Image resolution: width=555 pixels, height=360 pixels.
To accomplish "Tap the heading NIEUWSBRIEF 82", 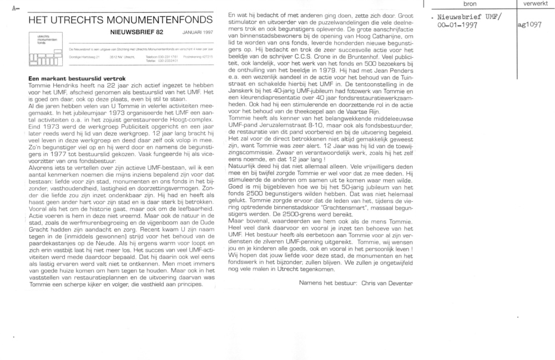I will tap(137, 33).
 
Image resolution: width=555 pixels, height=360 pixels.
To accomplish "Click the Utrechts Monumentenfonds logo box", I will tap(47, 51).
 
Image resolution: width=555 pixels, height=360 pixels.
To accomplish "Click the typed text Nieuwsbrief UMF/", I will tap(470, 17).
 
